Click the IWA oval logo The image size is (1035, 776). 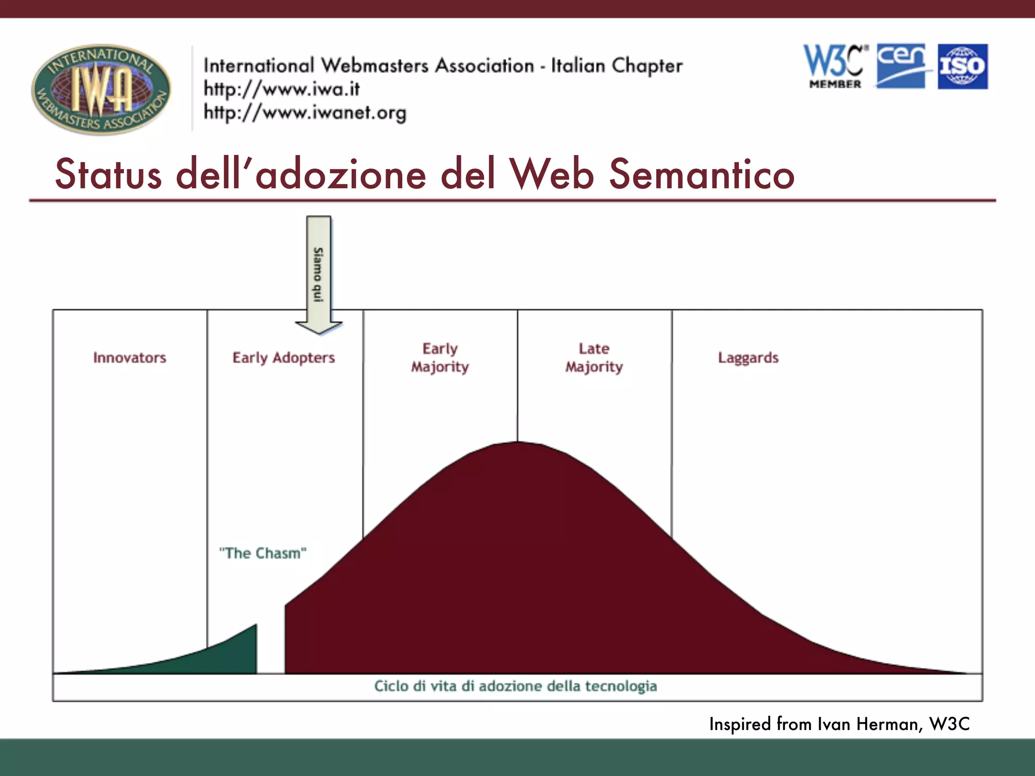pyautogui.click(x=101, y=89)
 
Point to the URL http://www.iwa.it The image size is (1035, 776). pyautogui.click(x=281, y=89)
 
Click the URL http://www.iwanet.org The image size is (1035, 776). pyautogui.click(x=305, y=113)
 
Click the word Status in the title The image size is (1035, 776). pyautogui.click(x=108, y=174)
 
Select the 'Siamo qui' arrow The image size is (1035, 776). pyautogui.click(x=318, y=275)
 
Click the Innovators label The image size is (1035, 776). pyautogui.click(x=129, y=358)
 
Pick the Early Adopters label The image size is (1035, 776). pyautogui.click(x=284, y=358)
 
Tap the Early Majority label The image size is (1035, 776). pyautogui.click(x=440, y=358)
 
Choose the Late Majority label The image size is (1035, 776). pyautogui.click(x=594, y=358)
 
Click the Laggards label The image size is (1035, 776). pyautogui.click(x=748, y=358)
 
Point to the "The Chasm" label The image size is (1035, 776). pyautogui.click(x=263, y=553)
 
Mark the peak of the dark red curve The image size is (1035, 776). pyautogui.click(x=517, y=445)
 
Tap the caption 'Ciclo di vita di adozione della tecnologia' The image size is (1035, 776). pyautogui.click(x=515, y=686)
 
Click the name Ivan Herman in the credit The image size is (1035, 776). pyautogui.click(x=869, y=724)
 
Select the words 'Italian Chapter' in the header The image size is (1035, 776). pyautogui.click(x=617, y=66)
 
